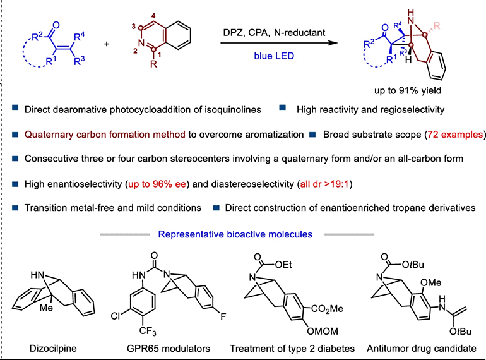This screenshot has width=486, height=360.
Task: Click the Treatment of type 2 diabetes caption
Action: point(292,347)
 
